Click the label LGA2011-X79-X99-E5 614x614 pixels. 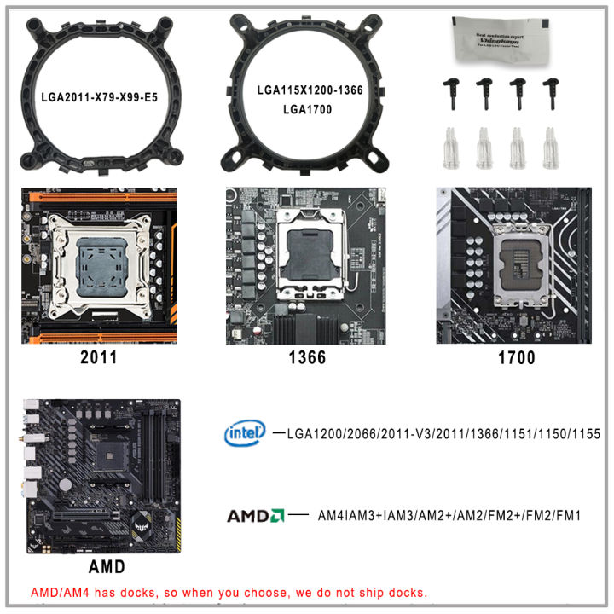(99, 97)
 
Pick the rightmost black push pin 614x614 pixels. (551, 93)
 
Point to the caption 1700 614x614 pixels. (516, 357)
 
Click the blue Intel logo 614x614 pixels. (245, 433)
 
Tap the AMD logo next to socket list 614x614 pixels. (255, 516)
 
